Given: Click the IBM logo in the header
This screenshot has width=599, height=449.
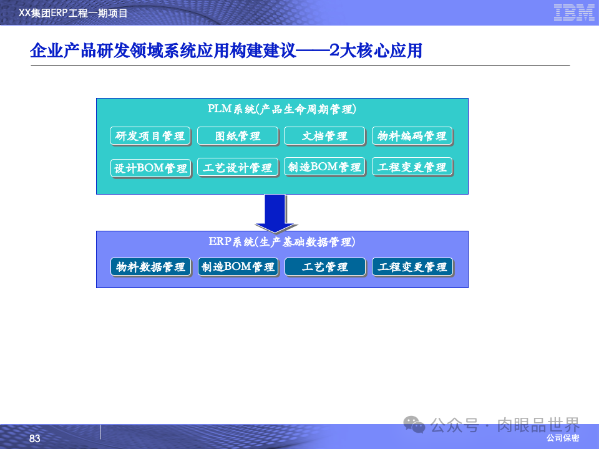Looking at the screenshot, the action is (573, 12).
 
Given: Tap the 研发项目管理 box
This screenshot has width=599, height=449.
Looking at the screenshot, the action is (150, 136).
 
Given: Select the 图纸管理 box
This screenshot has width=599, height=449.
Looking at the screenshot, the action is (237, 136).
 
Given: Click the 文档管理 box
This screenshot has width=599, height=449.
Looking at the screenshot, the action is (324, 136).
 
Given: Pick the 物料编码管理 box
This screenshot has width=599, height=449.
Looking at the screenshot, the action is (412, 136).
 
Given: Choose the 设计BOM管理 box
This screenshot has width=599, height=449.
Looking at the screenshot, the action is (150, 168).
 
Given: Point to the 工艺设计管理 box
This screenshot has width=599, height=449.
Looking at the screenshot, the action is (237, 168).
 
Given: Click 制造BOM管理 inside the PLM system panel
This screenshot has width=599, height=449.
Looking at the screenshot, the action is (324, 167).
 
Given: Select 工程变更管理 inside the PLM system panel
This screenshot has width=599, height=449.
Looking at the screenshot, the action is (412, 167).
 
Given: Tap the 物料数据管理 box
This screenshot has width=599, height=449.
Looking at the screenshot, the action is (150, 267).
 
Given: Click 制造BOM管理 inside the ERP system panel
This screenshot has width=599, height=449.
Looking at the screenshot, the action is (237, 267).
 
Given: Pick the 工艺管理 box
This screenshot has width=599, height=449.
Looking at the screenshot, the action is (324, 267).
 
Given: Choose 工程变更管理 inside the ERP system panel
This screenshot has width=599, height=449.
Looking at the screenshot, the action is (412, 267).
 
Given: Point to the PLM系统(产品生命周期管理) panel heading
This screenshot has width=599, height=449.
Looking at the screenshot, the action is (282, 109).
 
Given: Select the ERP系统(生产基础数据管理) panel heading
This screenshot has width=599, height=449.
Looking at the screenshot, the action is (282, 241).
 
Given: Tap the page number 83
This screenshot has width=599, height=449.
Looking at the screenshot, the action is (34, 439).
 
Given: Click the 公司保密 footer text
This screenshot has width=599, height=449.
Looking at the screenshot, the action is (562, 438).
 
